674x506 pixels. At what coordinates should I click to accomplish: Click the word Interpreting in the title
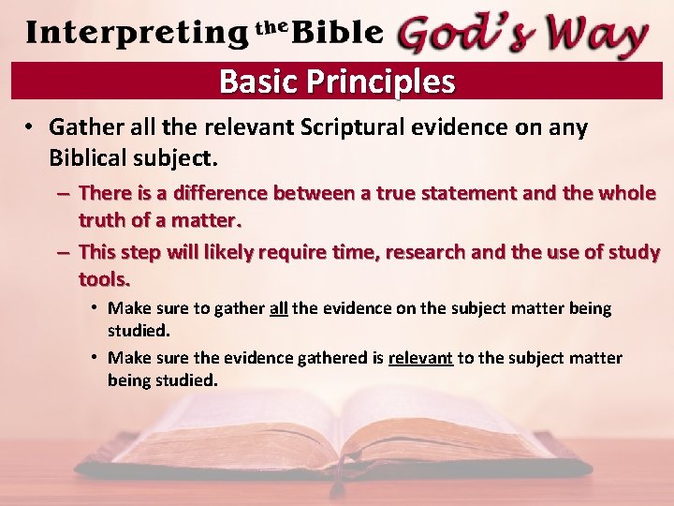pos(138,33)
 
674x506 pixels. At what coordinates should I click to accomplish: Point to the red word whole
pos(626,194)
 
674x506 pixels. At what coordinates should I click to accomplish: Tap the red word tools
pos(105,279)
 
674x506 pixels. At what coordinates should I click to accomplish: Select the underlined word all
pos(278,308)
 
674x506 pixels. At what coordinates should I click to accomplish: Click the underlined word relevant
pos(420,359)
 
